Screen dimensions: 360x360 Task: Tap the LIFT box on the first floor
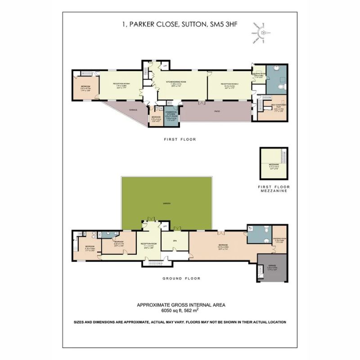[166, 67]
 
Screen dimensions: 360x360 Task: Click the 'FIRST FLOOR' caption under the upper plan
[180, 139]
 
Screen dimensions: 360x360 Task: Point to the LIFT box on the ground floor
[165, 225]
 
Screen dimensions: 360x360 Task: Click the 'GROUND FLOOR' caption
[181, 279]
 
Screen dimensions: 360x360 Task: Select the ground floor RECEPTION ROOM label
[148, 245]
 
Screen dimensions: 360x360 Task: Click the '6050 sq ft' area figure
[171, 310]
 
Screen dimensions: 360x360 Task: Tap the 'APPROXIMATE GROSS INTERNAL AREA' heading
[181, 305]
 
